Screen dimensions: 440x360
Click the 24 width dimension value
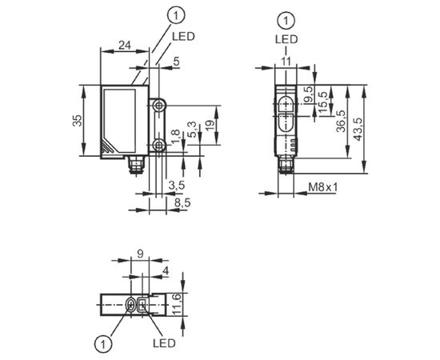coord(125,45)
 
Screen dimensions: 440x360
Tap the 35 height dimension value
coord(78,121)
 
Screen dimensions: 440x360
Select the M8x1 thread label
coord(323,187)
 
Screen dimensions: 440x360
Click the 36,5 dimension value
coord(341,121)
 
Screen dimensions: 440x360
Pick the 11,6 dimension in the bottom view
coord(177,305)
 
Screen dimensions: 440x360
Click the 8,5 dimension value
coord(182,202)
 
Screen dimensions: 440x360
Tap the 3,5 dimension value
coord(177,185)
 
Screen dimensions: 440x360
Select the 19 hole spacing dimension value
coord(210,124)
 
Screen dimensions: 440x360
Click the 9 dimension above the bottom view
coord(140,254)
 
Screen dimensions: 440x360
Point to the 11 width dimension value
coord(286,61)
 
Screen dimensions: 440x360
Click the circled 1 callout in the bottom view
coord(103,343)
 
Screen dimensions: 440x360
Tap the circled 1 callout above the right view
coord(286,21)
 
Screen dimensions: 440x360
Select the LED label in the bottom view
coord(164,343)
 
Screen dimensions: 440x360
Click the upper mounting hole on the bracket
coord(159,106)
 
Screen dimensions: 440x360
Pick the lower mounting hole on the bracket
coord(159,145)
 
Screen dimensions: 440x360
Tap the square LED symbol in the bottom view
coord(142,305)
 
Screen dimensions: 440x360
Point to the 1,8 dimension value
coord(175,136)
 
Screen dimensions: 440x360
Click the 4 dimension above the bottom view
coord(166,270)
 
